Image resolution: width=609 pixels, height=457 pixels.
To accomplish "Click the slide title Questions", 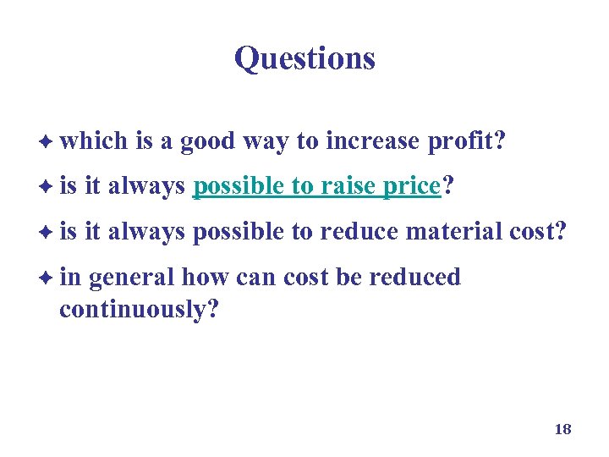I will pos(304,58).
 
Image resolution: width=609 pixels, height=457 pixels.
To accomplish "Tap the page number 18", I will pos(562,429).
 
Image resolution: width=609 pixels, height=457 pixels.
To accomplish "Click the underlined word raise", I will pos(351,186).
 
